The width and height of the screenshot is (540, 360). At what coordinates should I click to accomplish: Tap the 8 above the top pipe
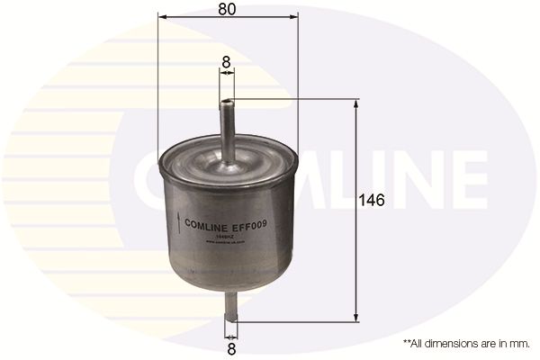tap(227, 64)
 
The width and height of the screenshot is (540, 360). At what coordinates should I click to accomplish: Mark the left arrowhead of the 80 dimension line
tap(161, 17)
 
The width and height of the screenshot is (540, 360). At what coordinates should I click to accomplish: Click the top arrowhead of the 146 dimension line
tap(357, 103)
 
